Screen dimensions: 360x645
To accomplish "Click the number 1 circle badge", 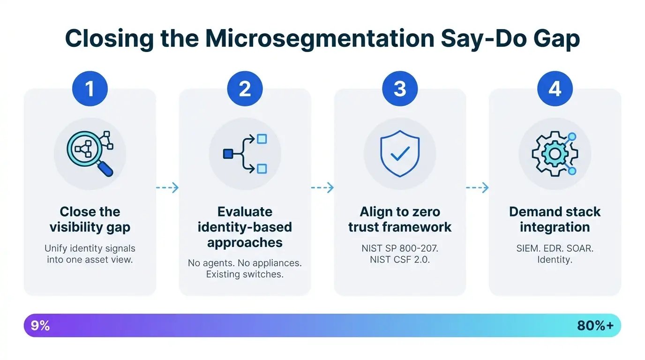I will click(x=90, y=88).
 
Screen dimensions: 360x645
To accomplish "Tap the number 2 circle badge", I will click(x=245, y=88).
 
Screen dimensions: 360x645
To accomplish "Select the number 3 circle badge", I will click(x=400, y=88).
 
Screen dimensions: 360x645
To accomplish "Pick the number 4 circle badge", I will click(x=555, y=88).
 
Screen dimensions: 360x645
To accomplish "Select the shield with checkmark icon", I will click(x=400, y=153).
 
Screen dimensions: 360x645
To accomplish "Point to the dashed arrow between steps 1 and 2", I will click(x=167, y=188).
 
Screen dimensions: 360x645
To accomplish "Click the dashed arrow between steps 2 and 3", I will click(x=322, y=188).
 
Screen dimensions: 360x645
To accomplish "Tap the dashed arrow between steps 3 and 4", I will click(x=477, y=188).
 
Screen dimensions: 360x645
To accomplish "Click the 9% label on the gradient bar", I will click(x=40, y=326).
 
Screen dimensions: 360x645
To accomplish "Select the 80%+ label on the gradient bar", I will click(x=595, y=326).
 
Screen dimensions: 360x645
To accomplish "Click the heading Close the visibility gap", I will click(x=90, y=219).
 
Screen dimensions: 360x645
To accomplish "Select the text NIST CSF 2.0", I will click(x=400, y=259).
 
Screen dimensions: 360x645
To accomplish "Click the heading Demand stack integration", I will click(x=555, y=219).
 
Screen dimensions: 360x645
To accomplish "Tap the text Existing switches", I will click(x=245, y=274).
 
